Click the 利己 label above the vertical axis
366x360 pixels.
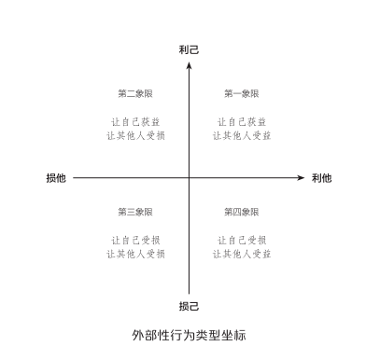(x=190, y=48)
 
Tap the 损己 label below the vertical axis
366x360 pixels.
(x=190, y=305)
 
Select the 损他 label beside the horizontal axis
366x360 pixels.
(x=56, y=177)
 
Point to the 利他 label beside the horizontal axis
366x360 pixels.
(x=321, y=177)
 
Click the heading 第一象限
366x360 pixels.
(x=242, y=93)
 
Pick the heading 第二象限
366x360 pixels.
(x=135, y=93)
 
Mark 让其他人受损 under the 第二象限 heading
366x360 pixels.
(x=135, y=135)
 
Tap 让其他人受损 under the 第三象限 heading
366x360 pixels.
(x=135, y=254)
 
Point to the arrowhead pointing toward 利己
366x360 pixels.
(x=190, y=62)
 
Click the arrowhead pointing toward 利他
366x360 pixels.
(x=302, y=177)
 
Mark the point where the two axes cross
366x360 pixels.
(x=190, y=177)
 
